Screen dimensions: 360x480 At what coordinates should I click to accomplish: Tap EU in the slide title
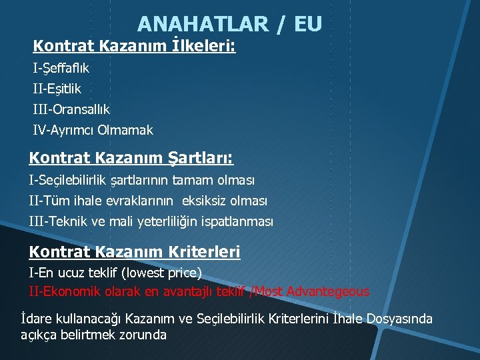[307, 24]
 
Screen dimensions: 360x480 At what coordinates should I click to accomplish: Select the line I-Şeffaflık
[61, 68]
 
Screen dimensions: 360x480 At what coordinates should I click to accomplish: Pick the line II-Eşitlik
[57, 88]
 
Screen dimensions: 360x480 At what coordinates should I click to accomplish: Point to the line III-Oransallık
[71, 109]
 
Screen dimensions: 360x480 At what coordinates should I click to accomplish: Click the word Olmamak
[125, 130]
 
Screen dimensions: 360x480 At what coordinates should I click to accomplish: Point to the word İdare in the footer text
[36, 319]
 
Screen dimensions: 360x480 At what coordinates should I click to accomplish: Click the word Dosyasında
[399, 319]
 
